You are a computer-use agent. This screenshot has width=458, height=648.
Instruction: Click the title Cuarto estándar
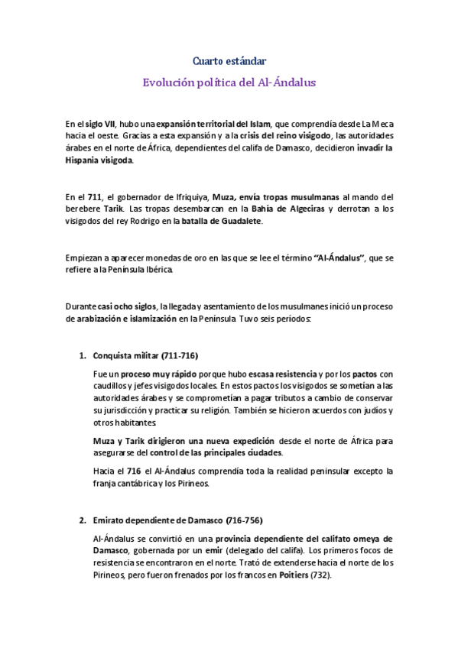click(x=229, y=60)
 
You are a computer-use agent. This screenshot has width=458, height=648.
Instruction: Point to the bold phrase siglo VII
click(x=99, y=124)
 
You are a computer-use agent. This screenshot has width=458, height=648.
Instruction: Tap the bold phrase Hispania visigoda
click(x=99, y=161)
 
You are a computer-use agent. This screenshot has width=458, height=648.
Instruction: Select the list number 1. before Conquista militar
click(x=83, y=356)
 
